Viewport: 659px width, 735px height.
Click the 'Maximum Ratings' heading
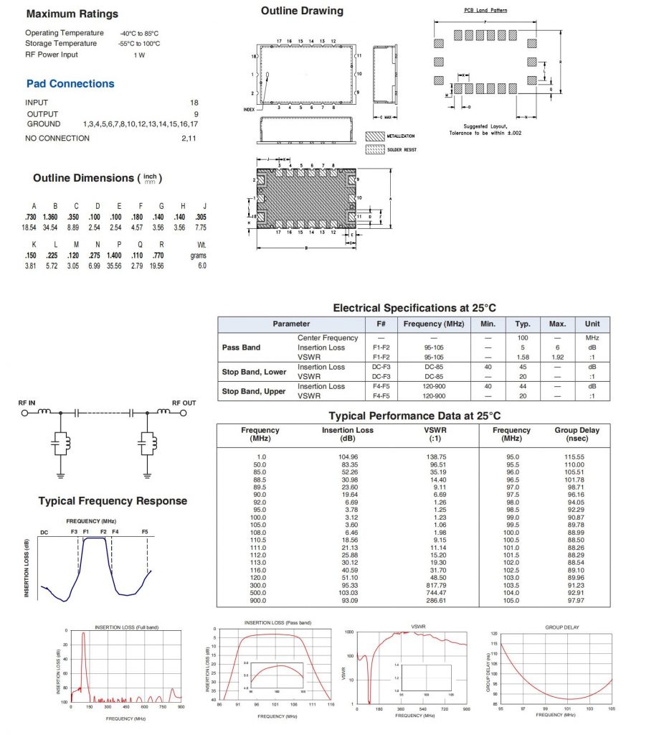click(x=72, y=14)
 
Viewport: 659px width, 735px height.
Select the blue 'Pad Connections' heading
click(x=70, y=84)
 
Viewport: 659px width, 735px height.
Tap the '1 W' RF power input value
click(x=138, y=55)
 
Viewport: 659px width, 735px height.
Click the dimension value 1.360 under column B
click(x=50, y=217)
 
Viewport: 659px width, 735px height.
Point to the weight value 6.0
click(x=202, y=266)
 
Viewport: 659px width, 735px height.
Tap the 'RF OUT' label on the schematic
click(x=184, y=403)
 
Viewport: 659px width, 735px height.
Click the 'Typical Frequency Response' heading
click(x=113, y=501)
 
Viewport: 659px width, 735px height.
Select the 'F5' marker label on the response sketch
click(x=146, y=531)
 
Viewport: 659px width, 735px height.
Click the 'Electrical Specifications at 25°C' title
click(x=414, y=308)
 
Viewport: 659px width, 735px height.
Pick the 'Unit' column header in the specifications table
click(x=592, y=324)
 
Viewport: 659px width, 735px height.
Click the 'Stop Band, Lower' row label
click(x=254, y=372)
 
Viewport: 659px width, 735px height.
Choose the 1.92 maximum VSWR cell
click(x=557, y=357)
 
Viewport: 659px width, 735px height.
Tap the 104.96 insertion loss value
click(x=348, y=457)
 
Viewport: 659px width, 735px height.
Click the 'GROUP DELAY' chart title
click(x=562, y=627)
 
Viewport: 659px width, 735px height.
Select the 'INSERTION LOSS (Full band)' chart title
click(x=125, y=627)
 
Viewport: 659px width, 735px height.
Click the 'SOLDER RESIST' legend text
click(x=402, y=149)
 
